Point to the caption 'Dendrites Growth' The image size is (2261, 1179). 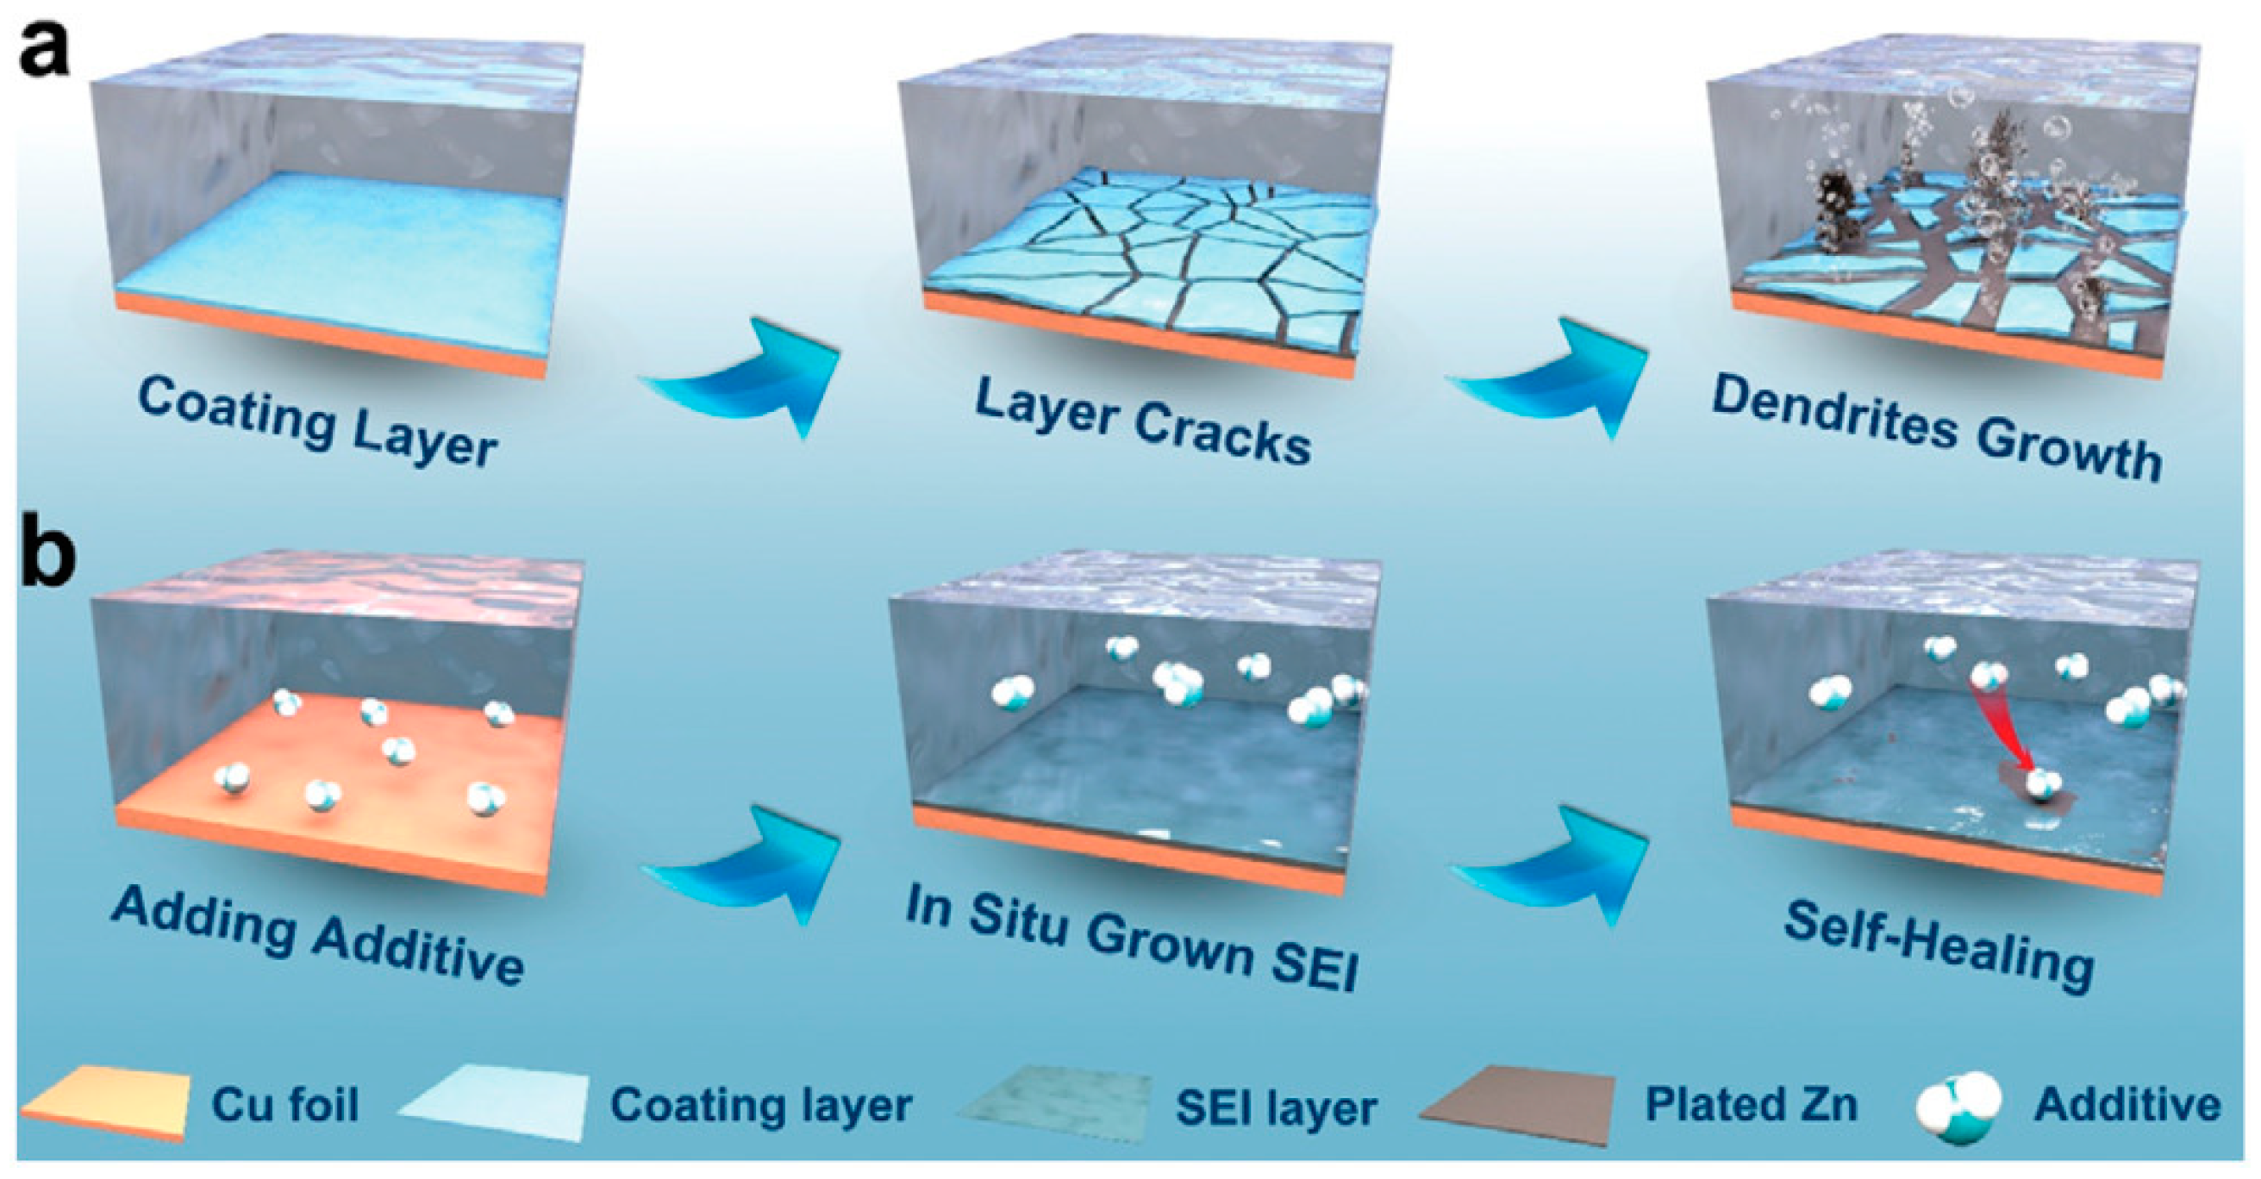pyautogui.click(x=1936, y=427)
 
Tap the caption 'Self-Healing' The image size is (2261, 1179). pyautogui.click(x=1939, y=946)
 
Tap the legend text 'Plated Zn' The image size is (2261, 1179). pyautogui.click(x=1751, y=1104)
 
